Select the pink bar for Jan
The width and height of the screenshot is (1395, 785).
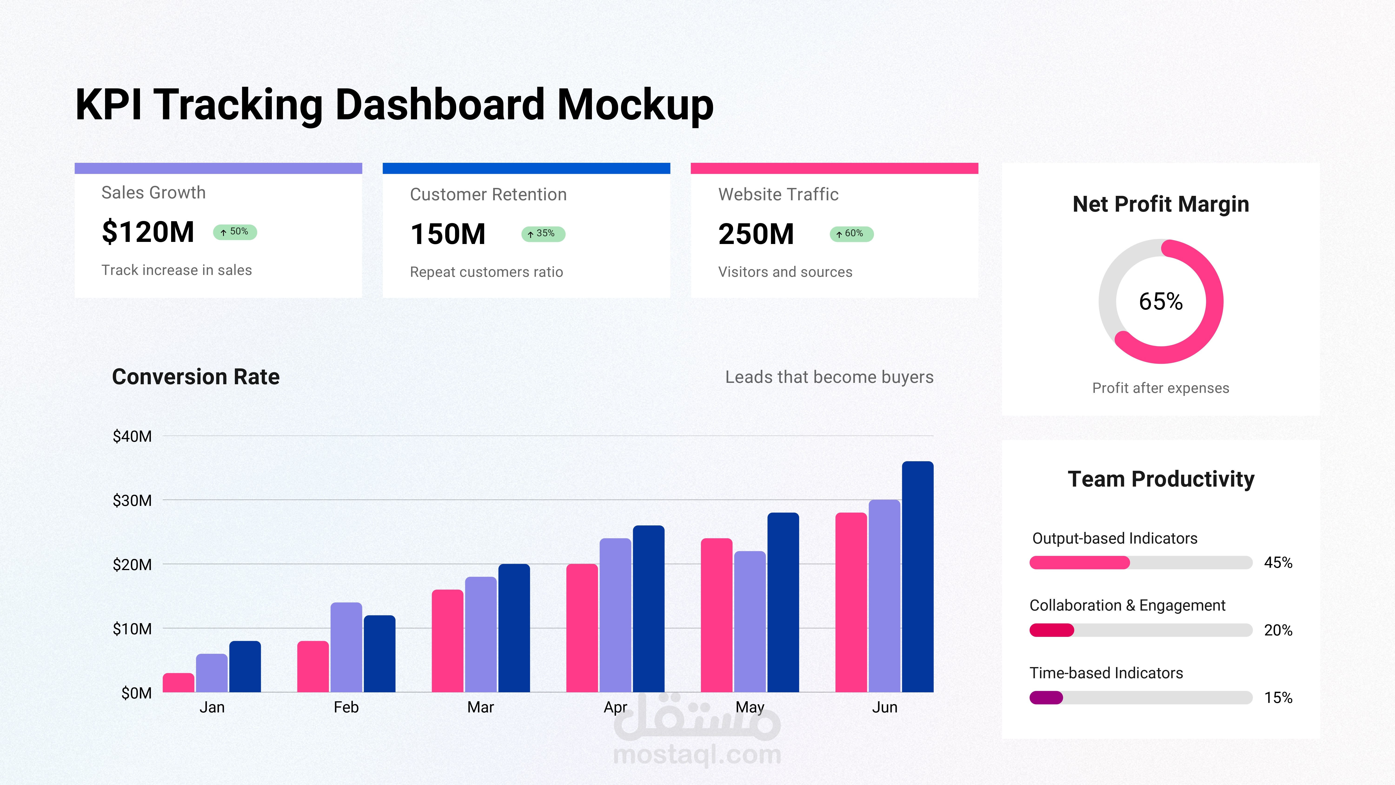[x=178, y=683]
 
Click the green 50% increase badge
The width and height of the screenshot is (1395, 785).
[x=235, y=232]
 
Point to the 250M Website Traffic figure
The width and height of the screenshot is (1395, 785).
[x=756, y=234]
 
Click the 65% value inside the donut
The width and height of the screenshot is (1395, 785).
[x=1160, y=301]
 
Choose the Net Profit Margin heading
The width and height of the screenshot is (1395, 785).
[x=1160, y=204]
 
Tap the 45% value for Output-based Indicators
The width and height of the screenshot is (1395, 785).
[x=1278, y=563]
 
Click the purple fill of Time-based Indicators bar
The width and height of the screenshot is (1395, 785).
[x=1046, y=698]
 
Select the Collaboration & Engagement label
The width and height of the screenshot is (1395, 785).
[x=1127, y=605]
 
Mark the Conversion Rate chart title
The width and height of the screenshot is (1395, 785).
[x=196, y=377]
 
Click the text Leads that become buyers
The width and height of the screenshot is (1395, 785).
[x=829, y=377]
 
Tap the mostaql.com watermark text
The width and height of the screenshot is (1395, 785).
[x=697, y=755]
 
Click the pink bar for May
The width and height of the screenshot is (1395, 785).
[x=717, y=615]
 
